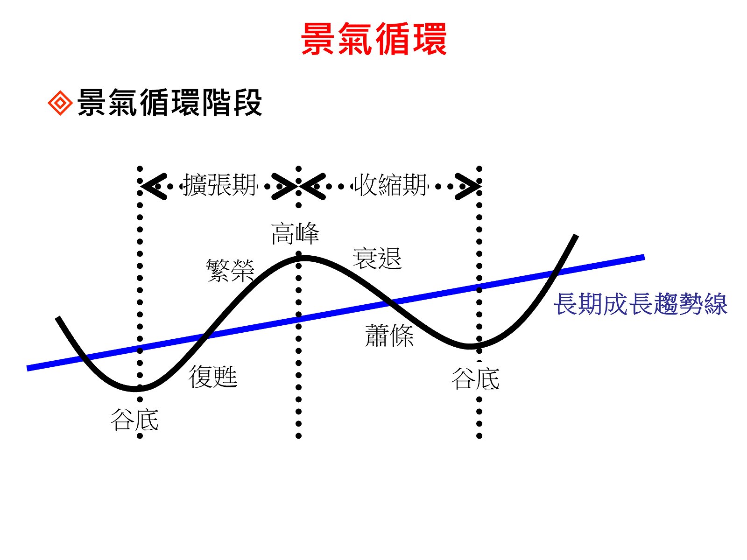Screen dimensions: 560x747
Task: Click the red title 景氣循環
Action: (x=373, y=39)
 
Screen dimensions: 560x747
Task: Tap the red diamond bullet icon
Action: (x=60, y=103)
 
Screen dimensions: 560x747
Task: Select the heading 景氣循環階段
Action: (x=169, y=102)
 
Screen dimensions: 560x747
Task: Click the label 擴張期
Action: (x=220, y=185)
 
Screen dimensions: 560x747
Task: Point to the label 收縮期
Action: (x=390, y=185)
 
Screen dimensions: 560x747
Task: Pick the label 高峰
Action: (x=295, y=233)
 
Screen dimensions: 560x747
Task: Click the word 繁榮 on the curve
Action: (x=230, y=270)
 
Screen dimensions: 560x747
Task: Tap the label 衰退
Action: (x=377, y=258)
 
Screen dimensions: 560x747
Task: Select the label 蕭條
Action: (x=389, y=336)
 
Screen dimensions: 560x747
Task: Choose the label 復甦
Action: (x=213, y=376)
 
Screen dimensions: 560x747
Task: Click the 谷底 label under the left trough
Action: (x=134, y=419)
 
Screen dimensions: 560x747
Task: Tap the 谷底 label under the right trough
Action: (x=475, y=378)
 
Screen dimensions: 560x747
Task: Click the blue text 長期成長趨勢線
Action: (x=641, y=304)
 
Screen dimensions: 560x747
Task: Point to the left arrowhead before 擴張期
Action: (x=153, y=187)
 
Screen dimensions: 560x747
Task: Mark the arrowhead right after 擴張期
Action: (x=284, y=187)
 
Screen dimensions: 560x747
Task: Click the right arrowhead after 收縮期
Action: (x=468, y=187)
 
